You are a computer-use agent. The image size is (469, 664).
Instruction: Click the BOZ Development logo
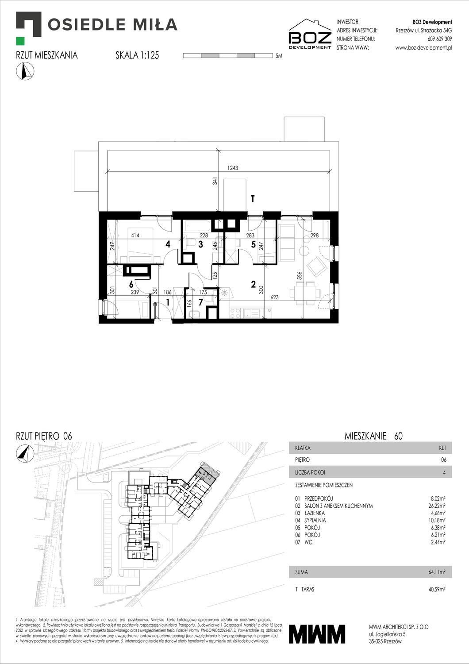[310, 34]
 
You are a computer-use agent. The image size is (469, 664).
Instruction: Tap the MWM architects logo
[317, 634]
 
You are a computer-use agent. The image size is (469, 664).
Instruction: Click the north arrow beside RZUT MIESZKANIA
[25, 71]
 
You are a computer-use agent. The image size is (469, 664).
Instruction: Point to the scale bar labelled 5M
[228, 56]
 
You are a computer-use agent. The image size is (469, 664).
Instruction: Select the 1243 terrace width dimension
[233, 168]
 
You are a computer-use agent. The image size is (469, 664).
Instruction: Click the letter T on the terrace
[253, 199]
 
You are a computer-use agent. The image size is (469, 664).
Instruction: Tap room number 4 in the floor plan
[168, 244]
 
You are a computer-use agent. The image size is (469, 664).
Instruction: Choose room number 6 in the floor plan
[131, 285]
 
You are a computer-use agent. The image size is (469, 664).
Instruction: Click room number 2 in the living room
[253, 284]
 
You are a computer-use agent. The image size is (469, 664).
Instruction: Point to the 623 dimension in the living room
[274, 297]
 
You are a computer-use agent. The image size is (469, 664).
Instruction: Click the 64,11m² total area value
[437, 572]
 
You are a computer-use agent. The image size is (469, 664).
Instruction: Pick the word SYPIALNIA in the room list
[315, 520]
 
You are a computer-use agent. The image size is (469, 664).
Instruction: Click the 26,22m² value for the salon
[436, 506]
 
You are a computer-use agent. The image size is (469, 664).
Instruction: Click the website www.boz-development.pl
[423, 48]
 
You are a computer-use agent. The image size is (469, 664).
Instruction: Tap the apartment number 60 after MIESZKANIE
[398, 436]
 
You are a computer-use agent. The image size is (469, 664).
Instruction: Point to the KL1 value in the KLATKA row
[442, 448]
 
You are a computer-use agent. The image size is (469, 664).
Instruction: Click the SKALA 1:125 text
[137, 55]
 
